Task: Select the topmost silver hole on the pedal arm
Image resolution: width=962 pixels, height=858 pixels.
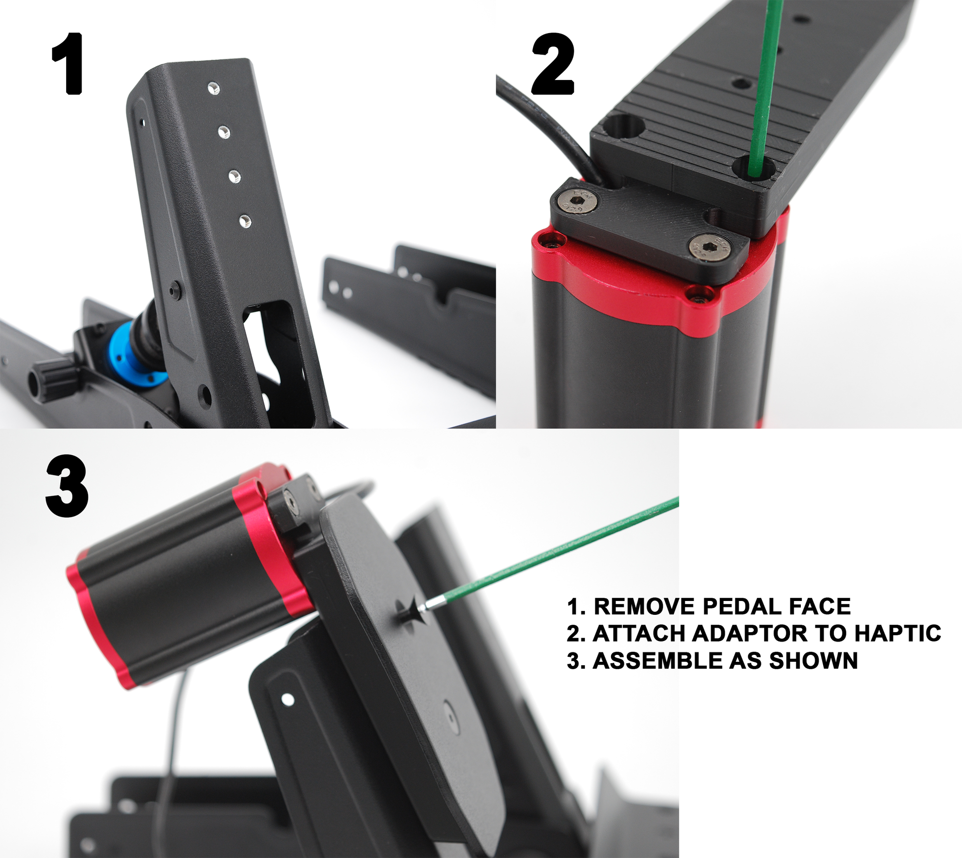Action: pos(214,88)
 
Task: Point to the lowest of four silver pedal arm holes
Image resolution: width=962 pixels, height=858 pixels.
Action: pos(244,221)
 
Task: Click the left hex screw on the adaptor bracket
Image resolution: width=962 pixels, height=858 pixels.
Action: pos(578,202)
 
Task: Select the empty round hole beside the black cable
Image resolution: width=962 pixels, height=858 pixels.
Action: pos(625,129)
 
